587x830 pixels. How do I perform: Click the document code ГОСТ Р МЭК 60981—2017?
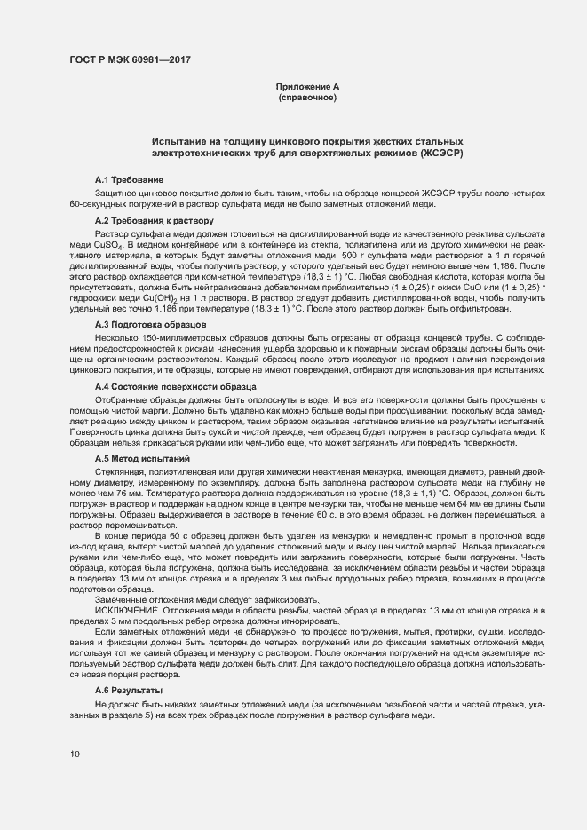pyautogui.click(x=130, y=60)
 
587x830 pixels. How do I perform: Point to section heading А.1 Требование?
pyautogui.click(x=128, y=180)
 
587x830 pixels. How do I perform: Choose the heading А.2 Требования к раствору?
pyautogui.click(x=154, y=220)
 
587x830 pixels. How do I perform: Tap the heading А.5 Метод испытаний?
pyautogui.click(x=141, y=458)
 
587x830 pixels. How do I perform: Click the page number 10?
pyautogui.click(x=75, y=755)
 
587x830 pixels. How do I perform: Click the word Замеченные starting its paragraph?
pyautogui.click(x=123, y=600)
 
